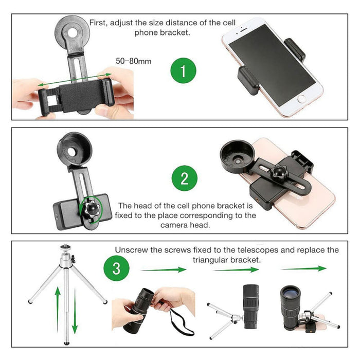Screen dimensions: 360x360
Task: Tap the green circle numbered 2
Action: click(185, 179)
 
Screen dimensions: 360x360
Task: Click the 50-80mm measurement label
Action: click(133, 61)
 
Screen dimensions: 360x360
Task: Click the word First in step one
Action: click(99, 23)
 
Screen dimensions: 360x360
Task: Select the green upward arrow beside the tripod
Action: click(58, 309)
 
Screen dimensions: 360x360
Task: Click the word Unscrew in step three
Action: click(131, 250)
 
